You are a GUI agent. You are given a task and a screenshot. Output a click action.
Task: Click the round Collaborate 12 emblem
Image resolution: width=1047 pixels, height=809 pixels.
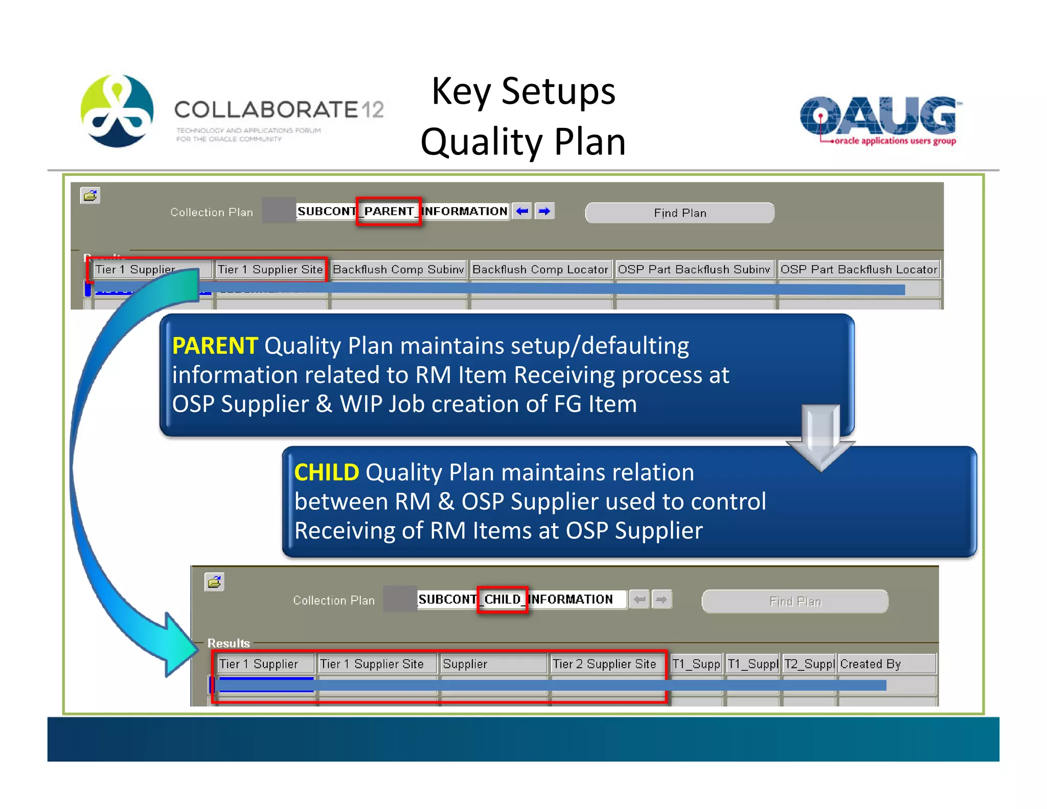pos(117,110)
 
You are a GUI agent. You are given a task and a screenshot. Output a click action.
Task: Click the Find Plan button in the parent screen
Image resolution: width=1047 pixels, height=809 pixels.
pos(679,213)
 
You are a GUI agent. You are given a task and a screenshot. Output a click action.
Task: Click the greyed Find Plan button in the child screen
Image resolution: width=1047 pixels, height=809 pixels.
pos(795,601)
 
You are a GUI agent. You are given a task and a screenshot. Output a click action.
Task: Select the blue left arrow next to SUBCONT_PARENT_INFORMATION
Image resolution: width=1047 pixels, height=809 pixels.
pos(522,211)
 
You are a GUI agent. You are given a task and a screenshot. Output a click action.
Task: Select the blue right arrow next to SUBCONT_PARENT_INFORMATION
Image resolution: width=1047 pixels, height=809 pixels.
pos(544,211)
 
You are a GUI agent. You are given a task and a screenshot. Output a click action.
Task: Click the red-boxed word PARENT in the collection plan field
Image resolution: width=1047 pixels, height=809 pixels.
pos(389,211)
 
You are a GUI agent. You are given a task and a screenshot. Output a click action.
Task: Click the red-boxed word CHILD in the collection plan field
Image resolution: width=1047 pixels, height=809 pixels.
pos(502,599)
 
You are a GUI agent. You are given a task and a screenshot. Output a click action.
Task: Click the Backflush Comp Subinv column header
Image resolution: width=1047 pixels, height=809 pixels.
pos(398,269)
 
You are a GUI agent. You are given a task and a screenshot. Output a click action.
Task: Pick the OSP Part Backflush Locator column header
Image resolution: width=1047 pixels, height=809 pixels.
pos(858,269)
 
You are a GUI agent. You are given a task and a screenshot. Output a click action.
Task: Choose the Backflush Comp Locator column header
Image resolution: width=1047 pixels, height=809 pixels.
pos(540,269)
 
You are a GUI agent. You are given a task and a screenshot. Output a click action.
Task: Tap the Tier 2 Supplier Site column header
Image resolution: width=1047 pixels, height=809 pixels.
pos(604,664)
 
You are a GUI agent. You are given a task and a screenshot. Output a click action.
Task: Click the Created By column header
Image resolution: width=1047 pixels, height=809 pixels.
pos(870,664)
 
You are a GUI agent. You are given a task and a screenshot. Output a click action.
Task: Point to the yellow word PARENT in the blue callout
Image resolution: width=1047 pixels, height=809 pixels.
pos(215,346)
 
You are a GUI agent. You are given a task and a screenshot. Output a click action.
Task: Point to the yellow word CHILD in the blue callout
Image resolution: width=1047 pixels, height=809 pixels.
pos(327,473)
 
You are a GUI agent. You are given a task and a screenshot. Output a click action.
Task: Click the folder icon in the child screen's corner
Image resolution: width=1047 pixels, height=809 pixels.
pos(215,581)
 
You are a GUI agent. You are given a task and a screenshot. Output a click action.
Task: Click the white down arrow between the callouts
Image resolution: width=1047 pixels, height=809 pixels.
pos(820,438)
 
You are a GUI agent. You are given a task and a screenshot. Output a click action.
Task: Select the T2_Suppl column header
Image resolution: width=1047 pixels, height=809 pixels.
pos(809,664)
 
